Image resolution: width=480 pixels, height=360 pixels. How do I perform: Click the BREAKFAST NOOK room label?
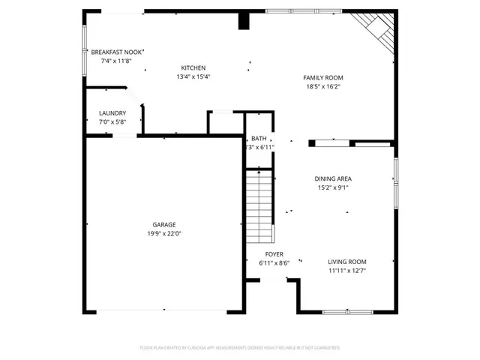coord(116,52)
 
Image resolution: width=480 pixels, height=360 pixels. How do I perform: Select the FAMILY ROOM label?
coord(322,78)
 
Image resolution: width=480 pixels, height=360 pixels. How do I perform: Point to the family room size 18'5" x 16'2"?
coord(322,87)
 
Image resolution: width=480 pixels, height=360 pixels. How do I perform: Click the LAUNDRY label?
coord(112,113)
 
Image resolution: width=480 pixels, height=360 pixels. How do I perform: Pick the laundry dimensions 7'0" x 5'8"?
coord(112,121)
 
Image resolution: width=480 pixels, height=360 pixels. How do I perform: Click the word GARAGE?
coord(164,224)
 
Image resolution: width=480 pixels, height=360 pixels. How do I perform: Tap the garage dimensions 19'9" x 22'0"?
coord(164,233)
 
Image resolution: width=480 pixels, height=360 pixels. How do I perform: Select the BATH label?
coord(259,138)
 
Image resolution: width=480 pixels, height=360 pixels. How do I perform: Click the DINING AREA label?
coord(333,178)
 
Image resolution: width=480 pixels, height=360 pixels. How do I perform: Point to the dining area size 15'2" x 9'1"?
coord(333,187)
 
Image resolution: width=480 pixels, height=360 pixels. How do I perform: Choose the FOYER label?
coord(274,254)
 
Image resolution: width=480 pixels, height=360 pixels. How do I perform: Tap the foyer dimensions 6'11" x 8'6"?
coord(274,262)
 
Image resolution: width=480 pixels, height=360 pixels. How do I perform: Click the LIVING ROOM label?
coord(346,262)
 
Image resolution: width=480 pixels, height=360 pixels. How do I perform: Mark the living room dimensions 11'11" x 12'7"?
coord(346,271)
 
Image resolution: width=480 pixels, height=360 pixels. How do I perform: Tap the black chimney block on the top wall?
coord(243,21)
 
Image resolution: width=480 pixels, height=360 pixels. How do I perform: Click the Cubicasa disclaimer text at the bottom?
coord(240,348)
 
